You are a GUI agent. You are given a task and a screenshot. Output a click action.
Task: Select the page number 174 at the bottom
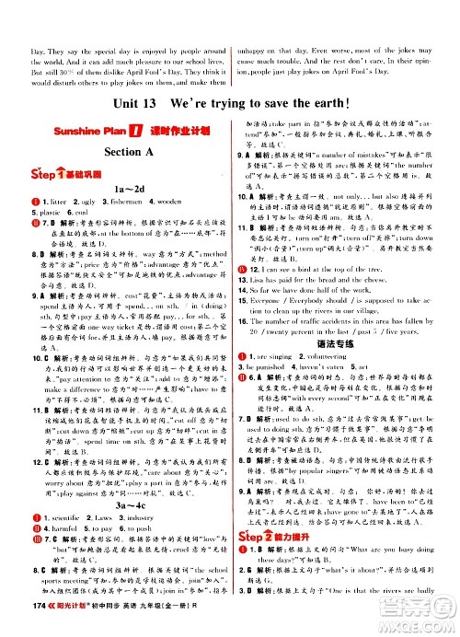tap(16, 621)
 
